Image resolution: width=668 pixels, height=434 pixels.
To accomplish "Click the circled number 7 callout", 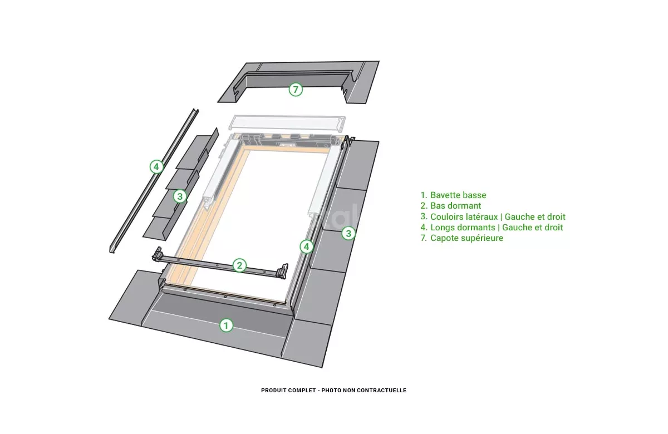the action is coord(296,90).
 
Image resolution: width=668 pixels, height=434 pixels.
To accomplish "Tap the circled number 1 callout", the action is coord(226,325).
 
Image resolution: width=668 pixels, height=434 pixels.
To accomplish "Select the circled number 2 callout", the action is coord(239,265).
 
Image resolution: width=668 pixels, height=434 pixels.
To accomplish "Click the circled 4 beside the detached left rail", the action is coord(156,167).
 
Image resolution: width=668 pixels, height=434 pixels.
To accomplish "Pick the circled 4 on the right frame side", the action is coord(306,246).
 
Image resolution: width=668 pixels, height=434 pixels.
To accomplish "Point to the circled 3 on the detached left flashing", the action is coord(180,196).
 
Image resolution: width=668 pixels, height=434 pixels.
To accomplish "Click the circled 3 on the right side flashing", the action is coord(348,233).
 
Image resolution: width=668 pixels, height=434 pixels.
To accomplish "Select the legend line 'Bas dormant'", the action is coord(450,206).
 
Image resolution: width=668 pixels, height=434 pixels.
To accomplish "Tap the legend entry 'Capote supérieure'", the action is coord(461,238).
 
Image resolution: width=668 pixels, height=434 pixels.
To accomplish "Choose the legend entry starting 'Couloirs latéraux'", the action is coord(493,216).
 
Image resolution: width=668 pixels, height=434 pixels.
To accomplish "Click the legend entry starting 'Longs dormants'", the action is coord(492,228).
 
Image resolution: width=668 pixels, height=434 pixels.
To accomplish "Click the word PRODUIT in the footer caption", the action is coord(273,390).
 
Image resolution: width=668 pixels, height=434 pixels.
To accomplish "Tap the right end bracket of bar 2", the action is coord(282,272).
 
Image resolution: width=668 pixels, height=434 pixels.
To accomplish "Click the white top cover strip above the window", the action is coord(287,124).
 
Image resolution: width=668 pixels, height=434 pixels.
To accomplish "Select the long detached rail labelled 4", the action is coord(154,181).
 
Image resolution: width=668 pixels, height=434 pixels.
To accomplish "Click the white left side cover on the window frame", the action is coord(220,172).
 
